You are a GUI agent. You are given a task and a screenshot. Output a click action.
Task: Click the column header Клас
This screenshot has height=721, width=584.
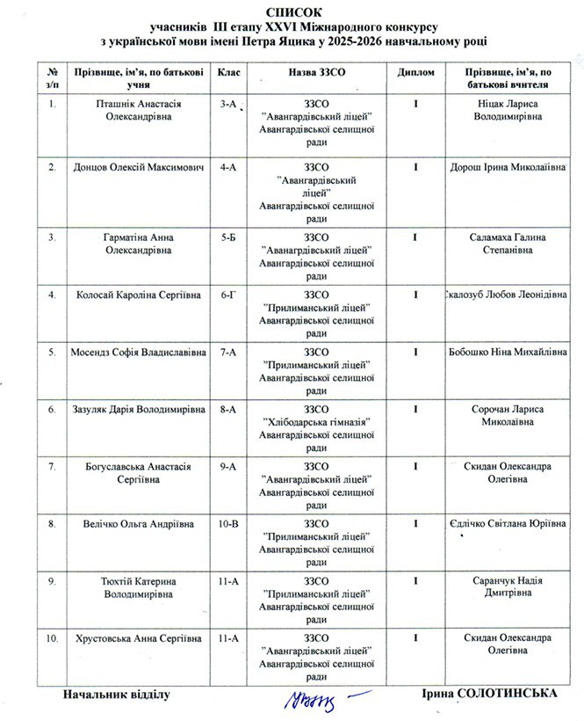pyautogui.click(x=229, y=74)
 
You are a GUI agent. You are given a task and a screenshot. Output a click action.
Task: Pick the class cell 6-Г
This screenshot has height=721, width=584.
pyautogui.click(x=229, y=293)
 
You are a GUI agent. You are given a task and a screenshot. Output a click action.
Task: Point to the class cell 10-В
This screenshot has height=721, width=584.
pyautogui.click(x=229, y=524)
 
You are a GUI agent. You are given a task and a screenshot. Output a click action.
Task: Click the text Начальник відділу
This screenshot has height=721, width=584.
pyautogui.click(x=115, y=695)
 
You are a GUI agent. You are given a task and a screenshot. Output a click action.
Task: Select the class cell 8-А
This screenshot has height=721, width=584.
pyautogui.click(x=229, y=409)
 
